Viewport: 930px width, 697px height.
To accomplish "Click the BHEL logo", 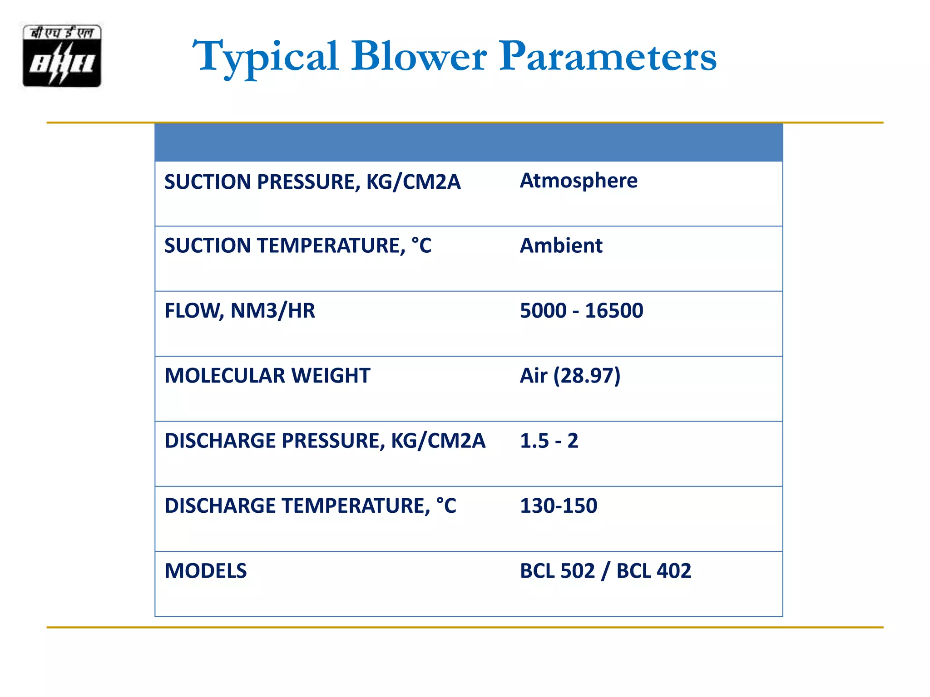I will click(62, 55).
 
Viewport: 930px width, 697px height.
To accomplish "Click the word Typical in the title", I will click(265, 57).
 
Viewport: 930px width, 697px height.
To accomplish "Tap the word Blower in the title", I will click(419, 56).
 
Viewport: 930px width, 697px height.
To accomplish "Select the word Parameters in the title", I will click(608, 56).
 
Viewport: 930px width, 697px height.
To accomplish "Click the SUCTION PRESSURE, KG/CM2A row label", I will click(312, 182).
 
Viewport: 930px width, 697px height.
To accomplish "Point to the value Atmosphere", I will click(579, 181).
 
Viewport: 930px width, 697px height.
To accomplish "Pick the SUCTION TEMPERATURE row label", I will click(298, 246).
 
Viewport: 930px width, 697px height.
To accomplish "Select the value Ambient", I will click(561, 246).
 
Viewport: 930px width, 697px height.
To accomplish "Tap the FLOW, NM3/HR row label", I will click(240, 311).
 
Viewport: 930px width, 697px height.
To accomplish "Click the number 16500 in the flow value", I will click(614, 311).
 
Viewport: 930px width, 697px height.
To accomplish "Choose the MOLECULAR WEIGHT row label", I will click(267, 376).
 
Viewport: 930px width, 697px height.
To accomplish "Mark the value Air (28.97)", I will click(570, 376).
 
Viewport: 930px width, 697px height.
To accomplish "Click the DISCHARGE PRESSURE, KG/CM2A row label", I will click(325, 441).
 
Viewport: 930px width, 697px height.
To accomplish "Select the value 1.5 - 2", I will click(549, 441).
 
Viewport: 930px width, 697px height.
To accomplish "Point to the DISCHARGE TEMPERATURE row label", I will click(310, 506).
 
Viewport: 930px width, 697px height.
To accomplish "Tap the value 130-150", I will click(559, 506).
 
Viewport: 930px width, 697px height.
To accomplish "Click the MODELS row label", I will click(206, 571).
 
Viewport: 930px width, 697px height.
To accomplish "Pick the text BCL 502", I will click(557, 571).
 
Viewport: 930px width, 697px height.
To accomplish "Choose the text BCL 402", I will click(654, 571).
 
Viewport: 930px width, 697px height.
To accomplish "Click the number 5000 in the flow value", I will click(543, 311).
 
